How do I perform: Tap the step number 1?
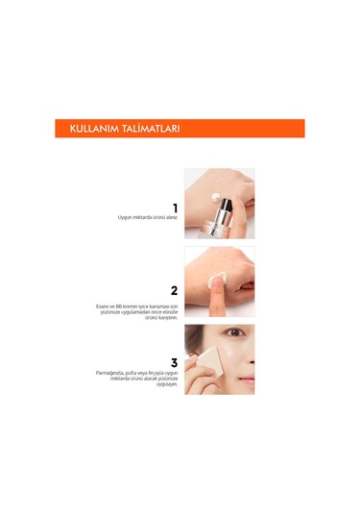tap(174, 208)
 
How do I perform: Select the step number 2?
tap(174, 290)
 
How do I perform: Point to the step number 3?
tap(174, 363)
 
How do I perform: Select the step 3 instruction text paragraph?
tap(142, 383)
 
